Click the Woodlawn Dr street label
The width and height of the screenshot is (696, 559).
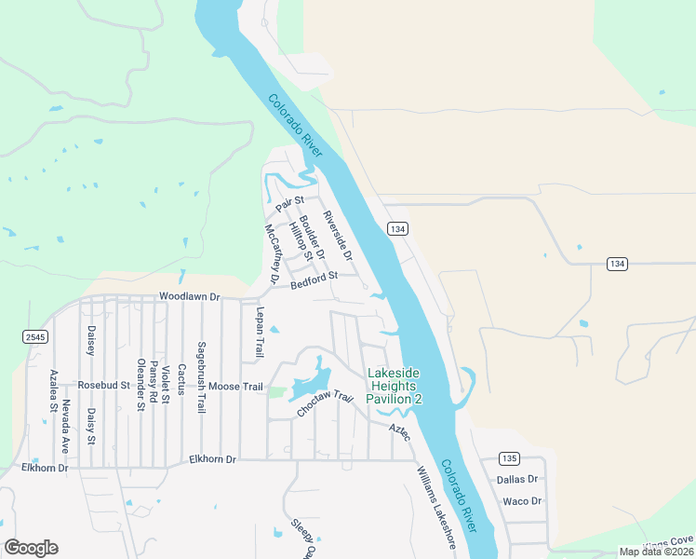pos(189,296)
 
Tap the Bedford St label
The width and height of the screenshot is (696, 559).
pos(313,279)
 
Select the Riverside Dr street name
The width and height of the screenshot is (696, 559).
pos(338,236)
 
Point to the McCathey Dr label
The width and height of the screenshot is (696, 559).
pos(272,253)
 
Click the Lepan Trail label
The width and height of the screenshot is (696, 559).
pos(261,333)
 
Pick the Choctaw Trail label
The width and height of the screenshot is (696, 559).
pos(325,404)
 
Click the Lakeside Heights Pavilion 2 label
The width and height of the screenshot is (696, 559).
pos(395,386)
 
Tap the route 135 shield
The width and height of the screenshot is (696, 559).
pos(508,457)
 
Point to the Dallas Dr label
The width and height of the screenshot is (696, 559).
pos(517,479)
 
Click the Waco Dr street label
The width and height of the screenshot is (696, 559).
pos(521,501)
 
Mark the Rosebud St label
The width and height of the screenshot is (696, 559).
pos(103,385)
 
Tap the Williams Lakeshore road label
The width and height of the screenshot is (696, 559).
pos(435,506)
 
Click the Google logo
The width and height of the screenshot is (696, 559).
pos(31,548)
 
